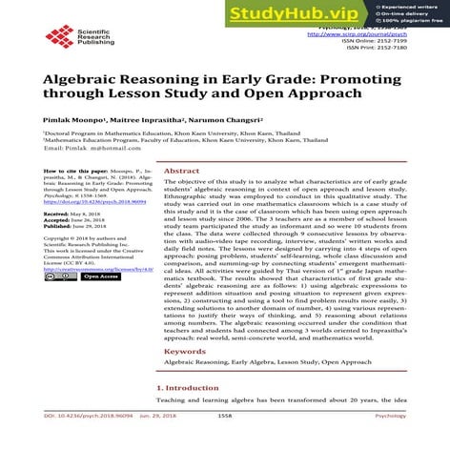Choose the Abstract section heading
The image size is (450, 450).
point(181,171)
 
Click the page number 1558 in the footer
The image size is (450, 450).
point(225,442)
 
